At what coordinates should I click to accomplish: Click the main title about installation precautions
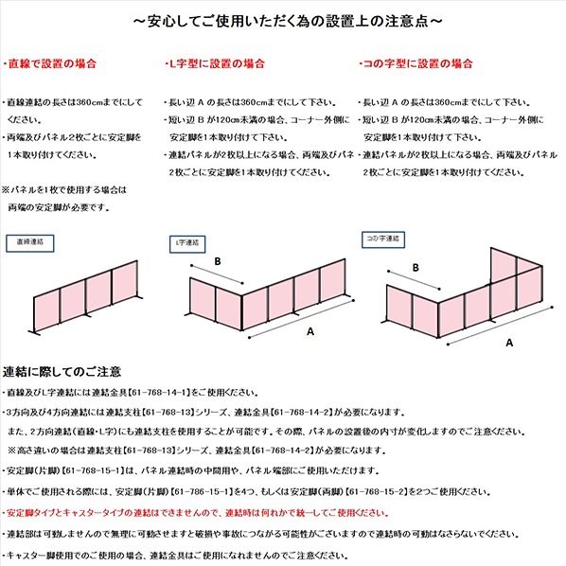pos(282,19)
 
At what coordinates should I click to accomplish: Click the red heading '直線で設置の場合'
pos(51,63)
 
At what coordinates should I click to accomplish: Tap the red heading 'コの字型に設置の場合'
pos(416,63)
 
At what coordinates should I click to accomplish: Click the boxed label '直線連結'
pos(31,242)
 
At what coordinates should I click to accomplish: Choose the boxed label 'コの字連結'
pos(382,237)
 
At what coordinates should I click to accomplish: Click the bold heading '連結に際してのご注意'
pos(62,372)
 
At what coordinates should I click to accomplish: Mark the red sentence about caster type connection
pos(197,512)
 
